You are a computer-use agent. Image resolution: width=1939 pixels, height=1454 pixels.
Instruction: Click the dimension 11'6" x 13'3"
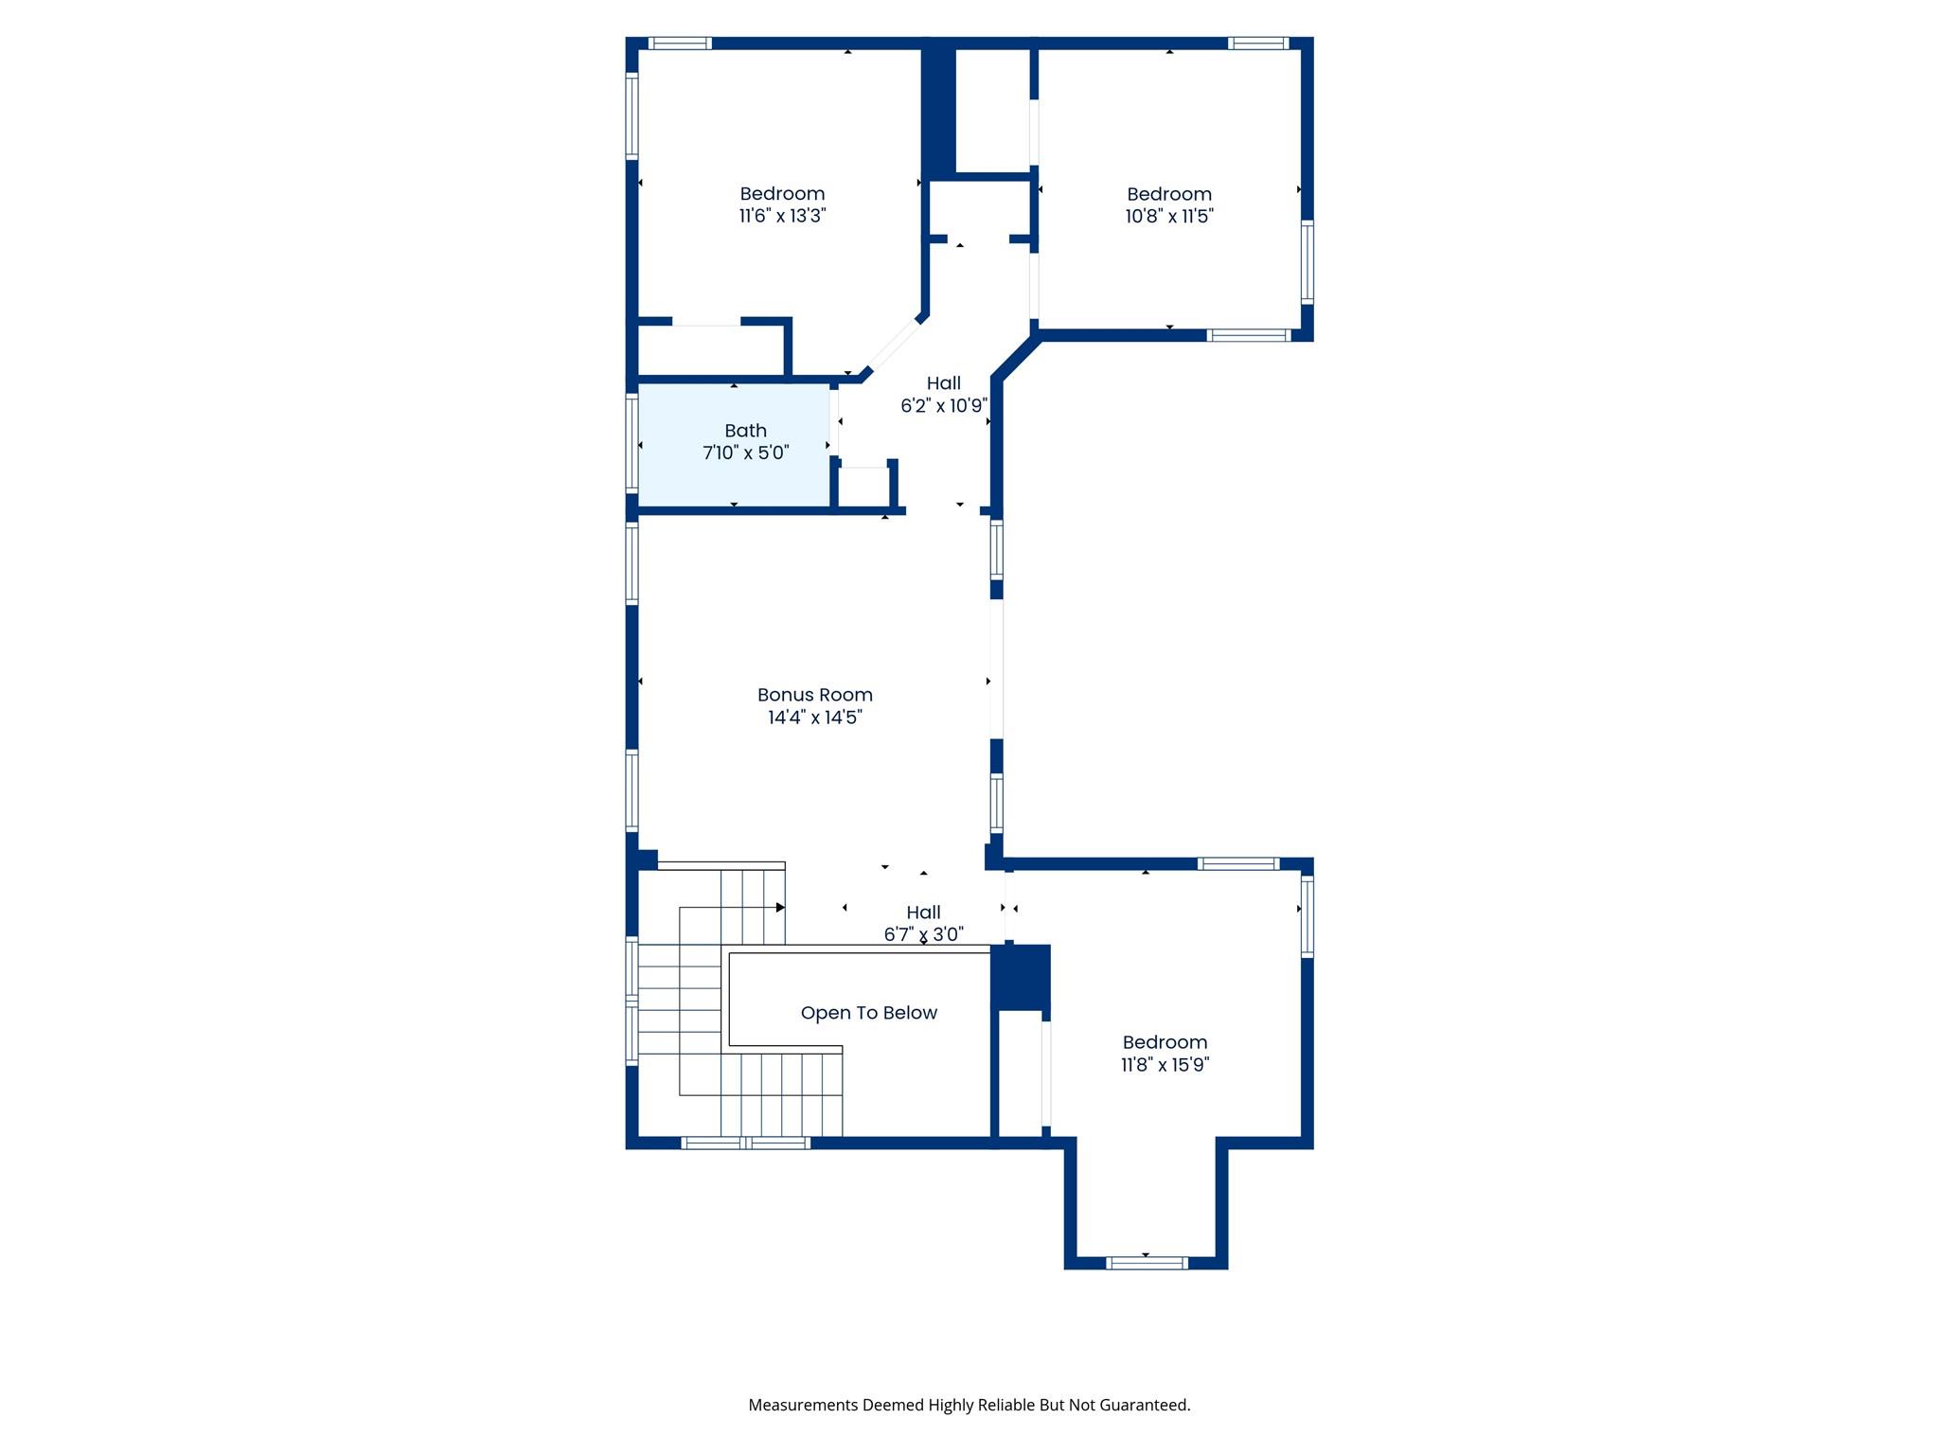pos(782,216)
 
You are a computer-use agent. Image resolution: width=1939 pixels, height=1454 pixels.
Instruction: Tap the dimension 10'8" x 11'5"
pos(1169,216)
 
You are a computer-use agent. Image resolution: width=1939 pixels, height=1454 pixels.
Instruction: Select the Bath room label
pos(745,431)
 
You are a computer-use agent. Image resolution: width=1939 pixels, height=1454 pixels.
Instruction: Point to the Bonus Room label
pos(814,695)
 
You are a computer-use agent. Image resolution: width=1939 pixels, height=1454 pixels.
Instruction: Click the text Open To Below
pos(868,1013)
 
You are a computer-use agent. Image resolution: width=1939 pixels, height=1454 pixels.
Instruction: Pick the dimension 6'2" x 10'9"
pos(943,406)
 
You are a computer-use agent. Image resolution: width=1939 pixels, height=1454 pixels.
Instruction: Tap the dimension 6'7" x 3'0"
pos(923,934)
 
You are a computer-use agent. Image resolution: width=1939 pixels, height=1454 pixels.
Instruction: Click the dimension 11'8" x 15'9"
pos(1165,1064)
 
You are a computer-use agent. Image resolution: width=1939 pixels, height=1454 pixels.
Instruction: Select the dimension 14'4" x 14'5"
pos(814,718)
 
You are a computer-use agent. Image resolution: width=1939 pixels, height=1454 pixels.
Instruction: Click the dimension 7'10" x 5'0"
pos(745,452)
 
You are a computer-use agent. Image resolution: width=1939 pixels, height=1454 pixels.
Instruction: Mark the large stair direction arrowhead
pos(780,908)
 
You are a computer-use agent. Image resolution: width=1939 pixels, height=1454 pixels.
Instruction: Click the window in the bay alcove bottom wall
pos(1146,1262)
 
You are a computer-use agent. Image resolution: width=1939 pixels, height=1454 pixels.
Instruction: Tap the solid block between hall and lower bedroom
pos(1021,976)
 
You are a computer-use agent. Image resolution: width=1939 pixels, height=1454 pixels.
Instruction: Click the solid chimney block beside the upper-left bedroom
pos(938,112)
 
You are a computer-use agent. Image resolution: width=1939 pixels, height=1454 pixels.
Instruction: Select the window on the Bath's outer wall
pos(632,443)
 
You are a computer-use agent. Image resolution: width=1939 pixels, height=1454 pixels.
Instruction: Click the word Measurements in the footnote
pos(802,1405)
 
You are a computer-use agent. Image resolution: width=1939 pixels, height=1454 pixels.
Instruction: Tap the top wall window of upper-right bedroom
pos(1258,43)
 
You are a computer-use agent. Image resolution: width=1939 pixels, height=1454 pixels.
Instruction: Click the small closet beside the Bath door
pos(863,487)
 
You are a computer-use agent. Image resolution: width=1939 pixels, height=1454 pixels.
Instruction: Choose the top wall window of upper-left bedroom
pos(679,43)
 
